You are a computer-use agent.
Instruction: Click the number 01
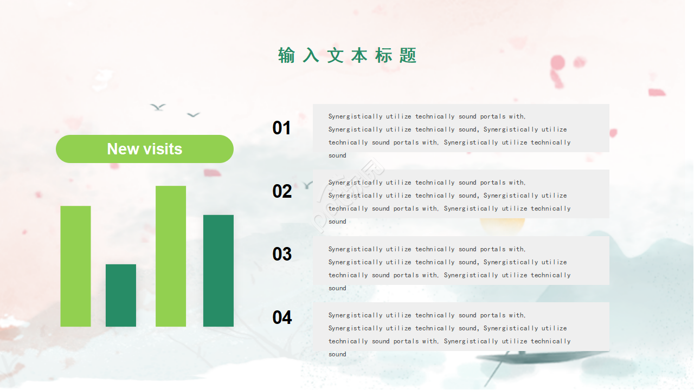(x=281, y=128)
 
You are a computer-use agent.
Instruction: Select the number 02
(x=282, y=191)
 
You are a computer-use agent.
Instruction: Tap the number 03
(x=282, y=254)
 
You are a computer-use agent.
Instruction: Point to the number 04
(x=282, y=317)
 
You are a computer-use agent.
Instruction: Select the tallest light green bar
(x=171, y=256)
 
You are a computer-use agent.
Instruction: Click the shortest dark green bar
(x=121, y=295)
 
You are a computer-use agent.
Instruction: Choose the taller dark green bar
(x=219, y=271)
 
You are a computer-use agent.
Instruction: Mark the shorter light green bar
(x=75, y=266)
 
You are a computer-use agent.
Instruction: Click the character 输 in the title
(x=287, y=55)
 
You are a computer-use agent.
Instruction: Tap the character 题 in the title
(x=408, y=55)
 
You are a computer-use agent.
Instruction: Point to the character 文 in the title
(x=335, y=55)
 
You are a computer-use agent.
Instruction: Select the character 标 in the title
(x=383, y=55)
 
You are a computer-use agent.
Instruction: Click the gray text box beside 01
(x=461, y=128)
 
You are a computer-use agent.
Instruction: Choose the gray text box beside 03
(x=461, y=261)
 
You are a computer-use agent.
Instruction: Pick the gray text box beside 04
(x=461, y=327)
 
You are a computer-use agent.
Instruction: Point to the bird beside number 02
(x=307, y=185)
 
